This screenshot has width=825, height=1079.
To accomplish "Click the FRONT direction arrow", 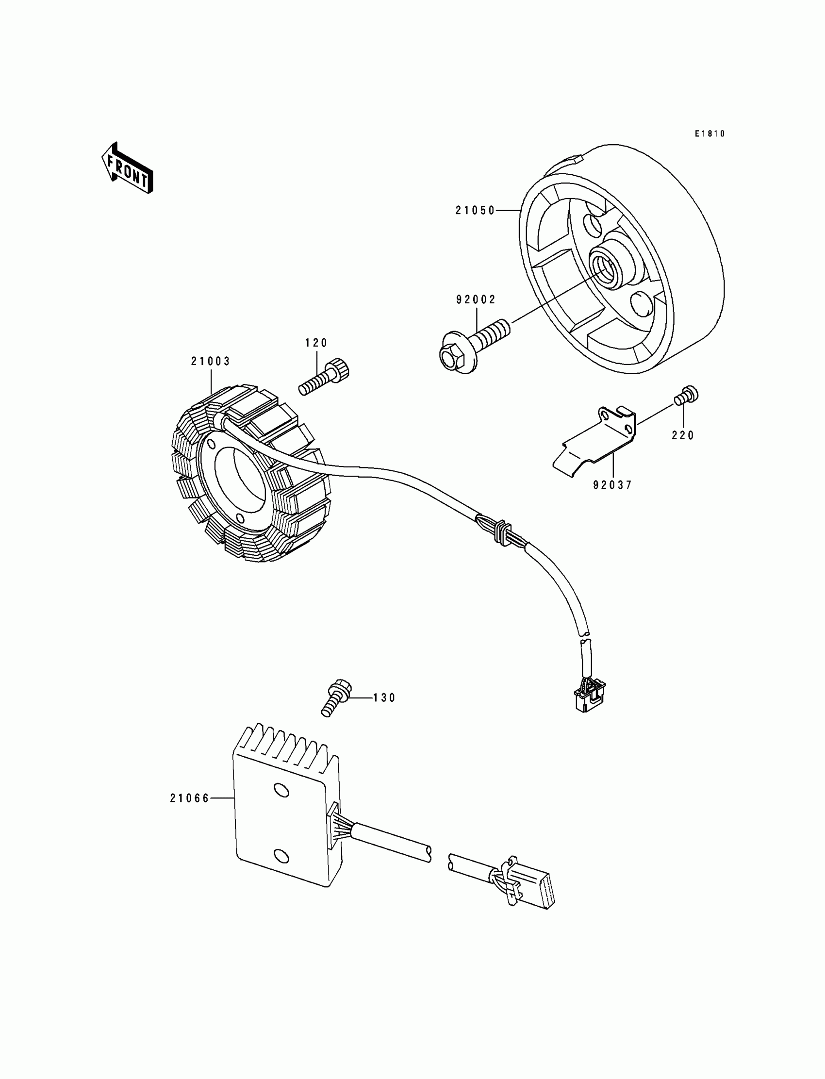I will pos(127,168).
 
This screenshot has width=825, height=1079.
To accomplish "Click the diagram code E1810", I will pos(709,133).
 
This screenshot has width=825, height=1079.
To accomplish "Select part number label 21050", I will pos(475,211).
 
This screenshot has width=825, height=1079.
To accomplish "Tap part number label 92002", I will pos(476,299).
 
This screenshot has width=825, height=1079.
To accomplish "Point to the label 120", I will pos(316,343).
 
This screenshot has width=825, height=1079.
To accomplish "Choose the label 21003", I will pos(211,362).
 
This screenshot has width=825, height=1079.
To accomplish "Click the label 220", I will pos(683,435).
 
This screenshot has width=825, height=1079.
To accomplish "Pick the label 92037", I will pos(612,485).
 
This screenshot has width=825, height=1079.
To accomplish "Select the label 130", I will pos(384,698).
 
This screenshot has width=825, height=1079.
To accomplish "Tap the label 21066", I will pos(190,798).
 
